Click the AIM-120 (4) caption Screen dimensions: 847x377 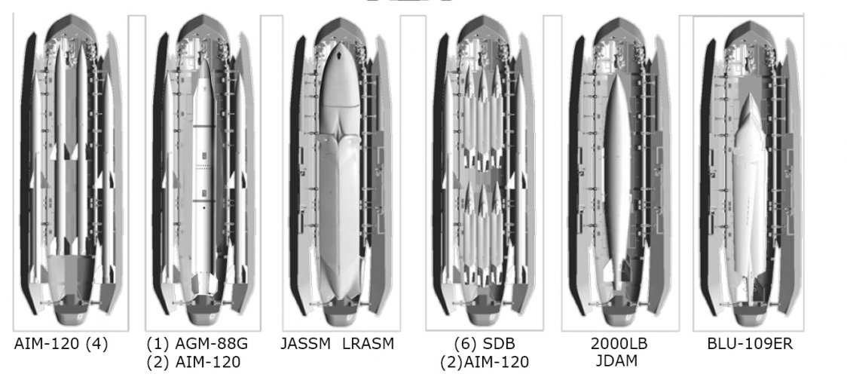(x=60, y=344)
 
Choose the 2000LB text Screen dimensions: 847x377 (x=619, y=344)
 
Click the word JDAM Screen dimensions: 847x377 (x=617, y=361)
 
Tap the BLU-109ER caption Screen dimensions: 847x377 (x=750, y=344)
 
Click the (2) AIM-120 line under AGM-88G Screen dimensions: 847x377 (x=194, y=362)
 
